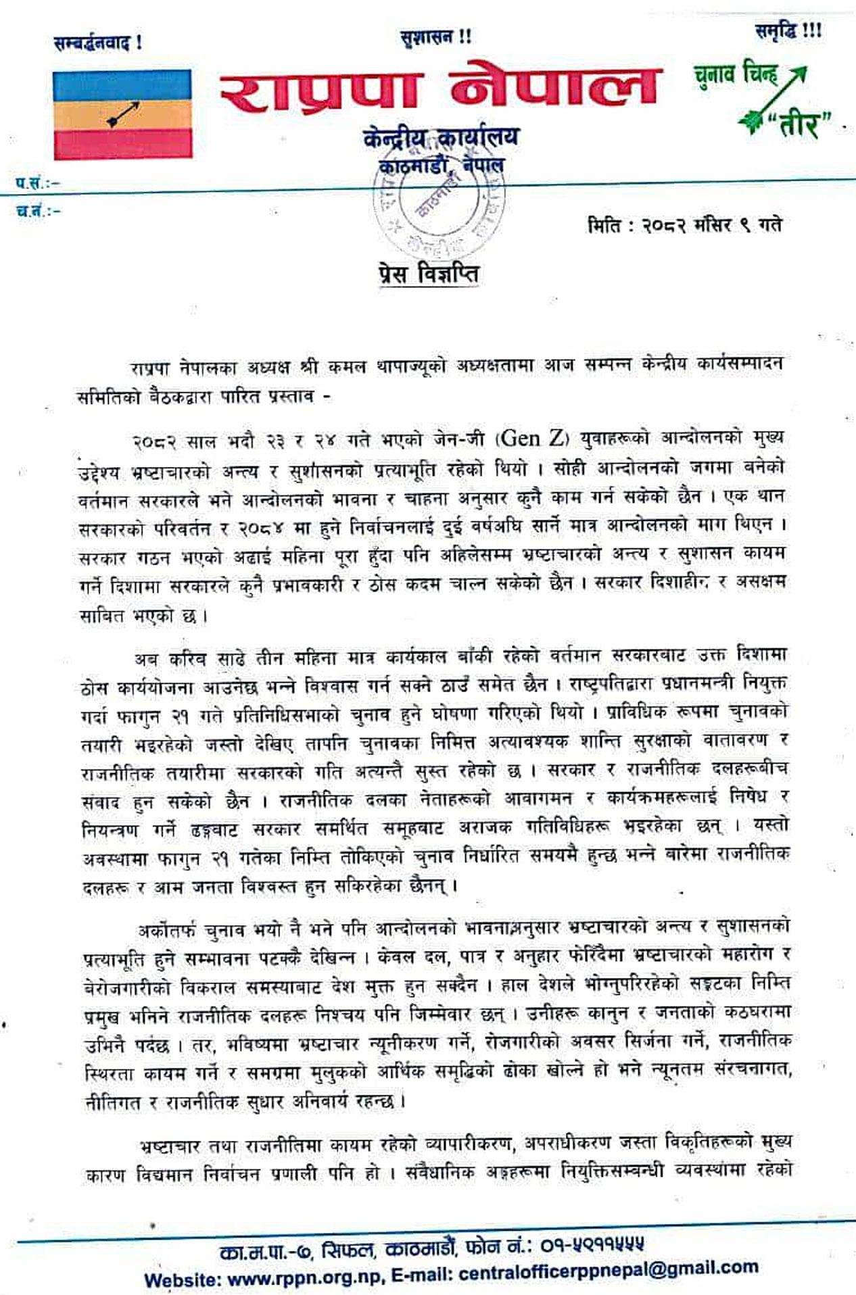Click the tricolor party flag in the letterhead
pos(122,114)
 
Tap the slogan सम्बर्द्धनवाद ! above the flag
pos(98,44)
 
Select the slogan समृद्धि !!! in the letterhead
pos(788,31)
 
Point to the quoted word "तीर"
pos(799,124)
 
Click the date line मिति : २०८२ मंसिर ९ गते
pos(684,225)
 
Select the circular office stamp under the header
pos(439,203)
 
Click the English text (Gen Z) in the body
pos(531,439)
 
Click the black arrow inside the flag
pos(122,114)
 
